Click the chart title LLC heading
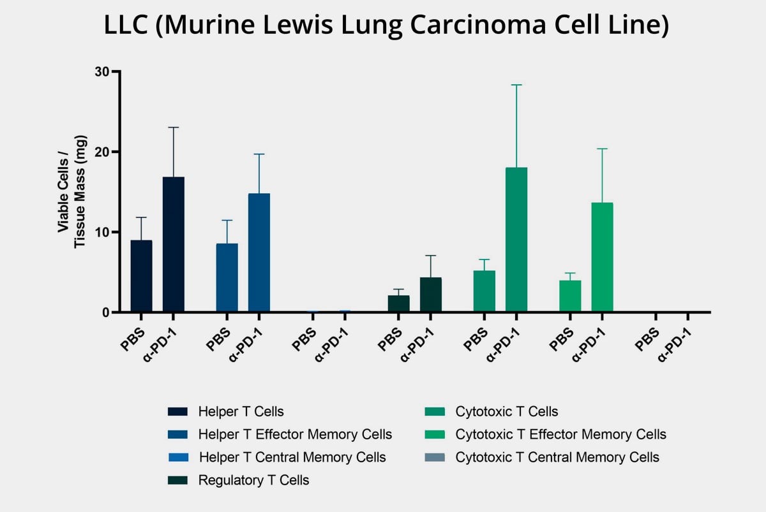(x=382, y=27)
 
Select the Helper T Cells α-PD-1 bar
(x=174, y=245)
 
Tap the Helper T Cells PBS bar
(x=142, y=276)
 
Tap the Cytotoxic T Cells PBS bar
(x=484, y=291)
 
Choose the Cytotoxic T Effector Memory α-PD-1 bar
(x=602, y=258)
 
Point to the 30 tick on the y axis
(x=100, y=71)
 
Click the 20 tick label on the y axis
(x=100, y=152)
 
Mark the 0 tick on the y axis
(x=105, y=312)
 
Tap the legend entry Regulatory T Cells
(x=253, y=480)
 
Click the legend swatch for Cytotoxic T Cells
(x=435, y=411)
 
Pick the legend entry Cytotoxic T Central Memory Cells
(x=557, y=457)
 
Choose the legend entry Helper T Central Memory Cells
(x=292, y=457)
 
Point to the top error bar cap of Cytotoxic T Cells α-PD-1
(x=516, y=85)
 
